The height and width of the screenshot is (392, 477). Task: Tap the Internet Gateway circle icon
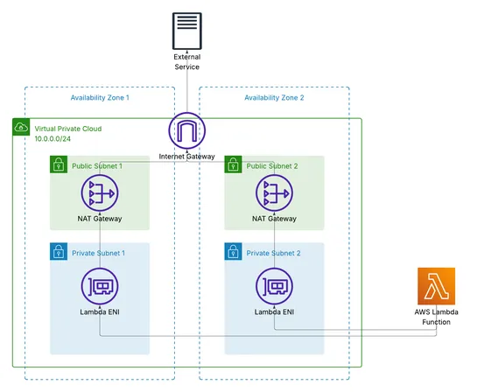coord(186,132)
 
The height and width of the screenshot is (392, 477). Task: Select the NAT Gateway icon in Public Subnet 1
coord(99,193)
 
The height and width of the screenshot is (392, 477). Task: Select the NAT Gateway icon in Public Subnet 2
coord(274,193)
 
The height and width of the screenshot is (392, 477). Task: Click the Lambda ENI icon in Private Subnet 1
coord(99,287)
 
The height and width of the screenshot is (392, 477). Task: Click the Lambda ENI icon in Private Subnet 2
coord(274,287)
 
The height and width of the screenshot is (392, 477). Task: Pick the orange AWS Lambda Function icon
coord(435,286)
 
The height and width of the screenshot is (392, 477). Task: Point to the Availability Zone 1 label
coord(100,98)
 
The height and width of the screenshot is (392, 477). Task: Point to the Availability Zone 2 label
coord(275,98)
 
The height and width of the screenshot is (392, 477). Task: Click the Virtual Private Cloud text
coord(67,128)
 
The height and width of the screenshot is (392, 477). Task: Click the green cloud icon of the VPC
coord(21,128)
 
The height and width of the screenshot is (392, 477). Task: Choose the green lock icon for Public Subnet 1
coord(58,164)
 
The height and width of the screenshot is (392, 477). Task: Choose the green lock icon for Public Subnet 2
coord(233,164)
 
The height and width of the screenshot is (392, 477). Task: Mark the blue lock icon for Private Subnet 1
coord(58,252)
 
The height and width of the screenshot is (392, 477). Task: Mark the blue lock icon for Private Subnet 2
coord(233,252)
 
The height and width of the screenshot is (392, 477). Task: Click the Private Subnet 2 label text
coord(273,253)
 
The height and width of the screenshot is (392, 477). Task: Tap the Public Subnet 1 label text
coord(97,165)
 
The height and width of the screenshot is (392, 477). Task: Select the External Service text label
coord(186,61)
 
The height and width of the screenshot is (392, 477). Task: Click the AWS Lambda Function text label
coord(435,317)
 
